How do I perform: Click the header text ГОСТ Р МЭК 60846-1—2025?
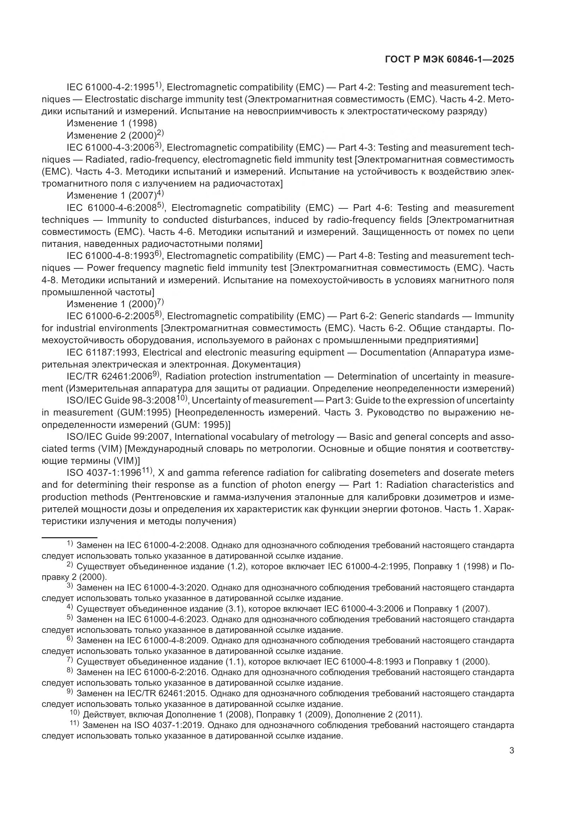pos(449,60)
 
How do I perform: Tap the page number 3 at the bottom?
pos(511,750)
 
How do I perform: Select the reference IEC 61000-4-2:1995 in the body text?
pos(111,87)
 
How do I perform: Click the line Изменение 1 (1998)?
pos(112,123)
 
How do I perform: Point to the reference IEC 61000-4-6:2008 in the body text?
pos(112,208)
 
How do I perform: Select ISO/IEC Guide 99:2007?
pos(118,437)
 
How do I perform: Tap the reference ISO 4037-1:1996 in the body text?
pos(104,473)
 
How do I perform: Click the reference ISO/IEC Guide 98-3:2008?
pos(121,401)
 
